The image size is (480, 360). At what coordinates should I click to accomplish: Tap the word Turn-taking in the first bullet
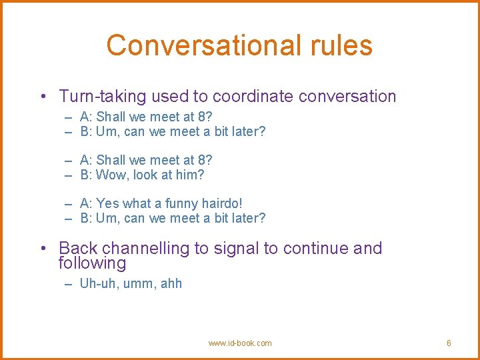[102, 97]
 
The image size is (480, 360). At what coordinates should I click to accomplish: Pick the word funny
[175, 203]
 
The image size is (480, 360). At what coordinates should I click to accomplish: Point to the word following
[92, 263]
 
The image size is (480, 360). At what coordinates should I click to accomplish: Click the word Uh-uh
[96, 283]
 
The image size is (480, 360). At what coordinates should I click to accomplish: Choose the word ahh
[171, 283]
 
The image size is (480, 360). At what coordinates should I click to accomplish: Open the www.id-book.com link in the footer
[240, 343]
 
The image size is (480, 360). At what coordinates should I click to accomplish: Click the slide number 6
[449, 343]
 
